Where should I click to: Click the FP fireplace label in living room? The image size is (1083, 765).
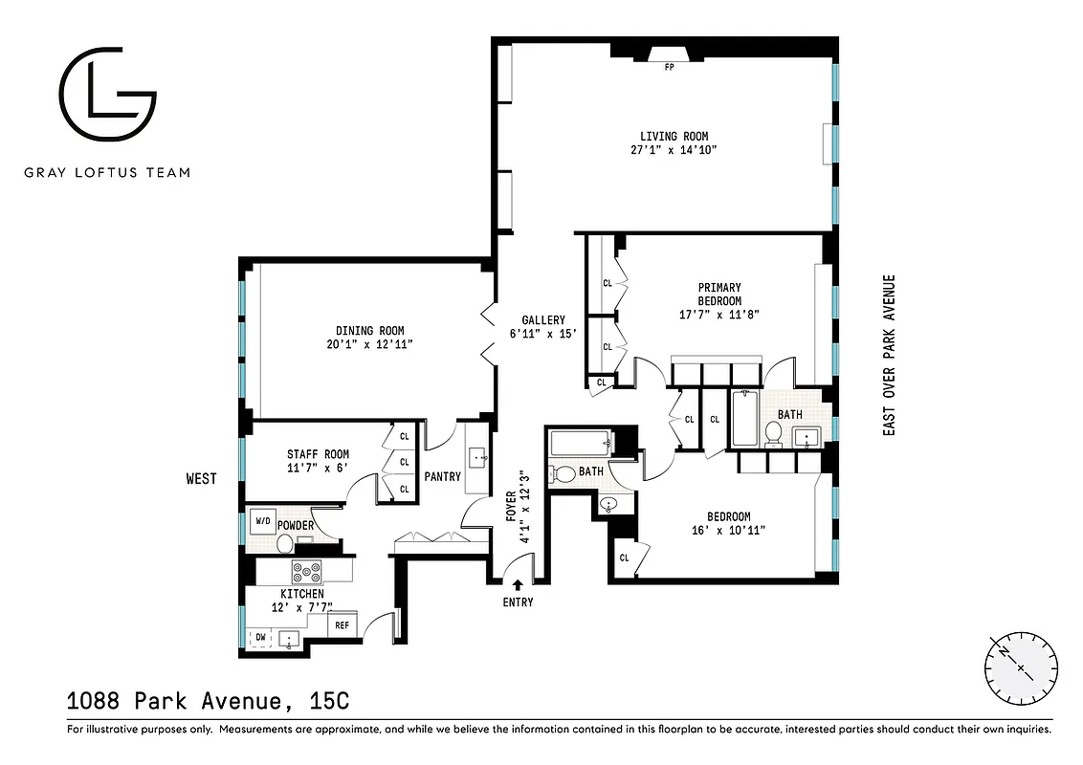pyautogui.click(x=669, y=67)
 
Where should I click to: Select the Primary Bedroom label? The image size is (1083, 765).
pyautogui.click(x=719, y=294)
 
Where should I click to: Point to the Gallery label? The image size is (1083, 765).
pyautogui.click(x=543, y=320)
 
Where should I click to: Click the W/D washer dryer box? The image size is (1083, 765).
pyautogui.click(x=261, y=522)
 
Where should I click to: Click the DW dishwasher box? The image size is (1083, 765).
pyautogui.click(x=259, y=636)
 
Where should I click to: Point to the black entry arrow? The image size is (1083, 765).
pyautogui.click(x=518, y=584)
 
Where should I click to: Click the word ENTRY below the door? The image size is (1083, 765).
pyautogui.click(x=518, y=602)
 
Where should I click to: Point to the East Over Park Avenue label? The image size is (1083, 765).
pyautogui.click(x=889, y=356)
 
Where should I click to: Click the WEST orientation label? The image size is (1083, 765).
pyautogui.click(x=201, y=479)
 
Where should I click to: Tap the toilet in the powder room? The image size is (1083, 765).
pyautogui.click(x=284, y=544)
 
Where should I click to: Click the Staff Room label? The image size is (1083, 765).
pyautogui.click(x=318, y=454)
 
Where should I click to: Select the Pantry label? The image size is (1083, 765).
pyautogui.click(x=442, y=476)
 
